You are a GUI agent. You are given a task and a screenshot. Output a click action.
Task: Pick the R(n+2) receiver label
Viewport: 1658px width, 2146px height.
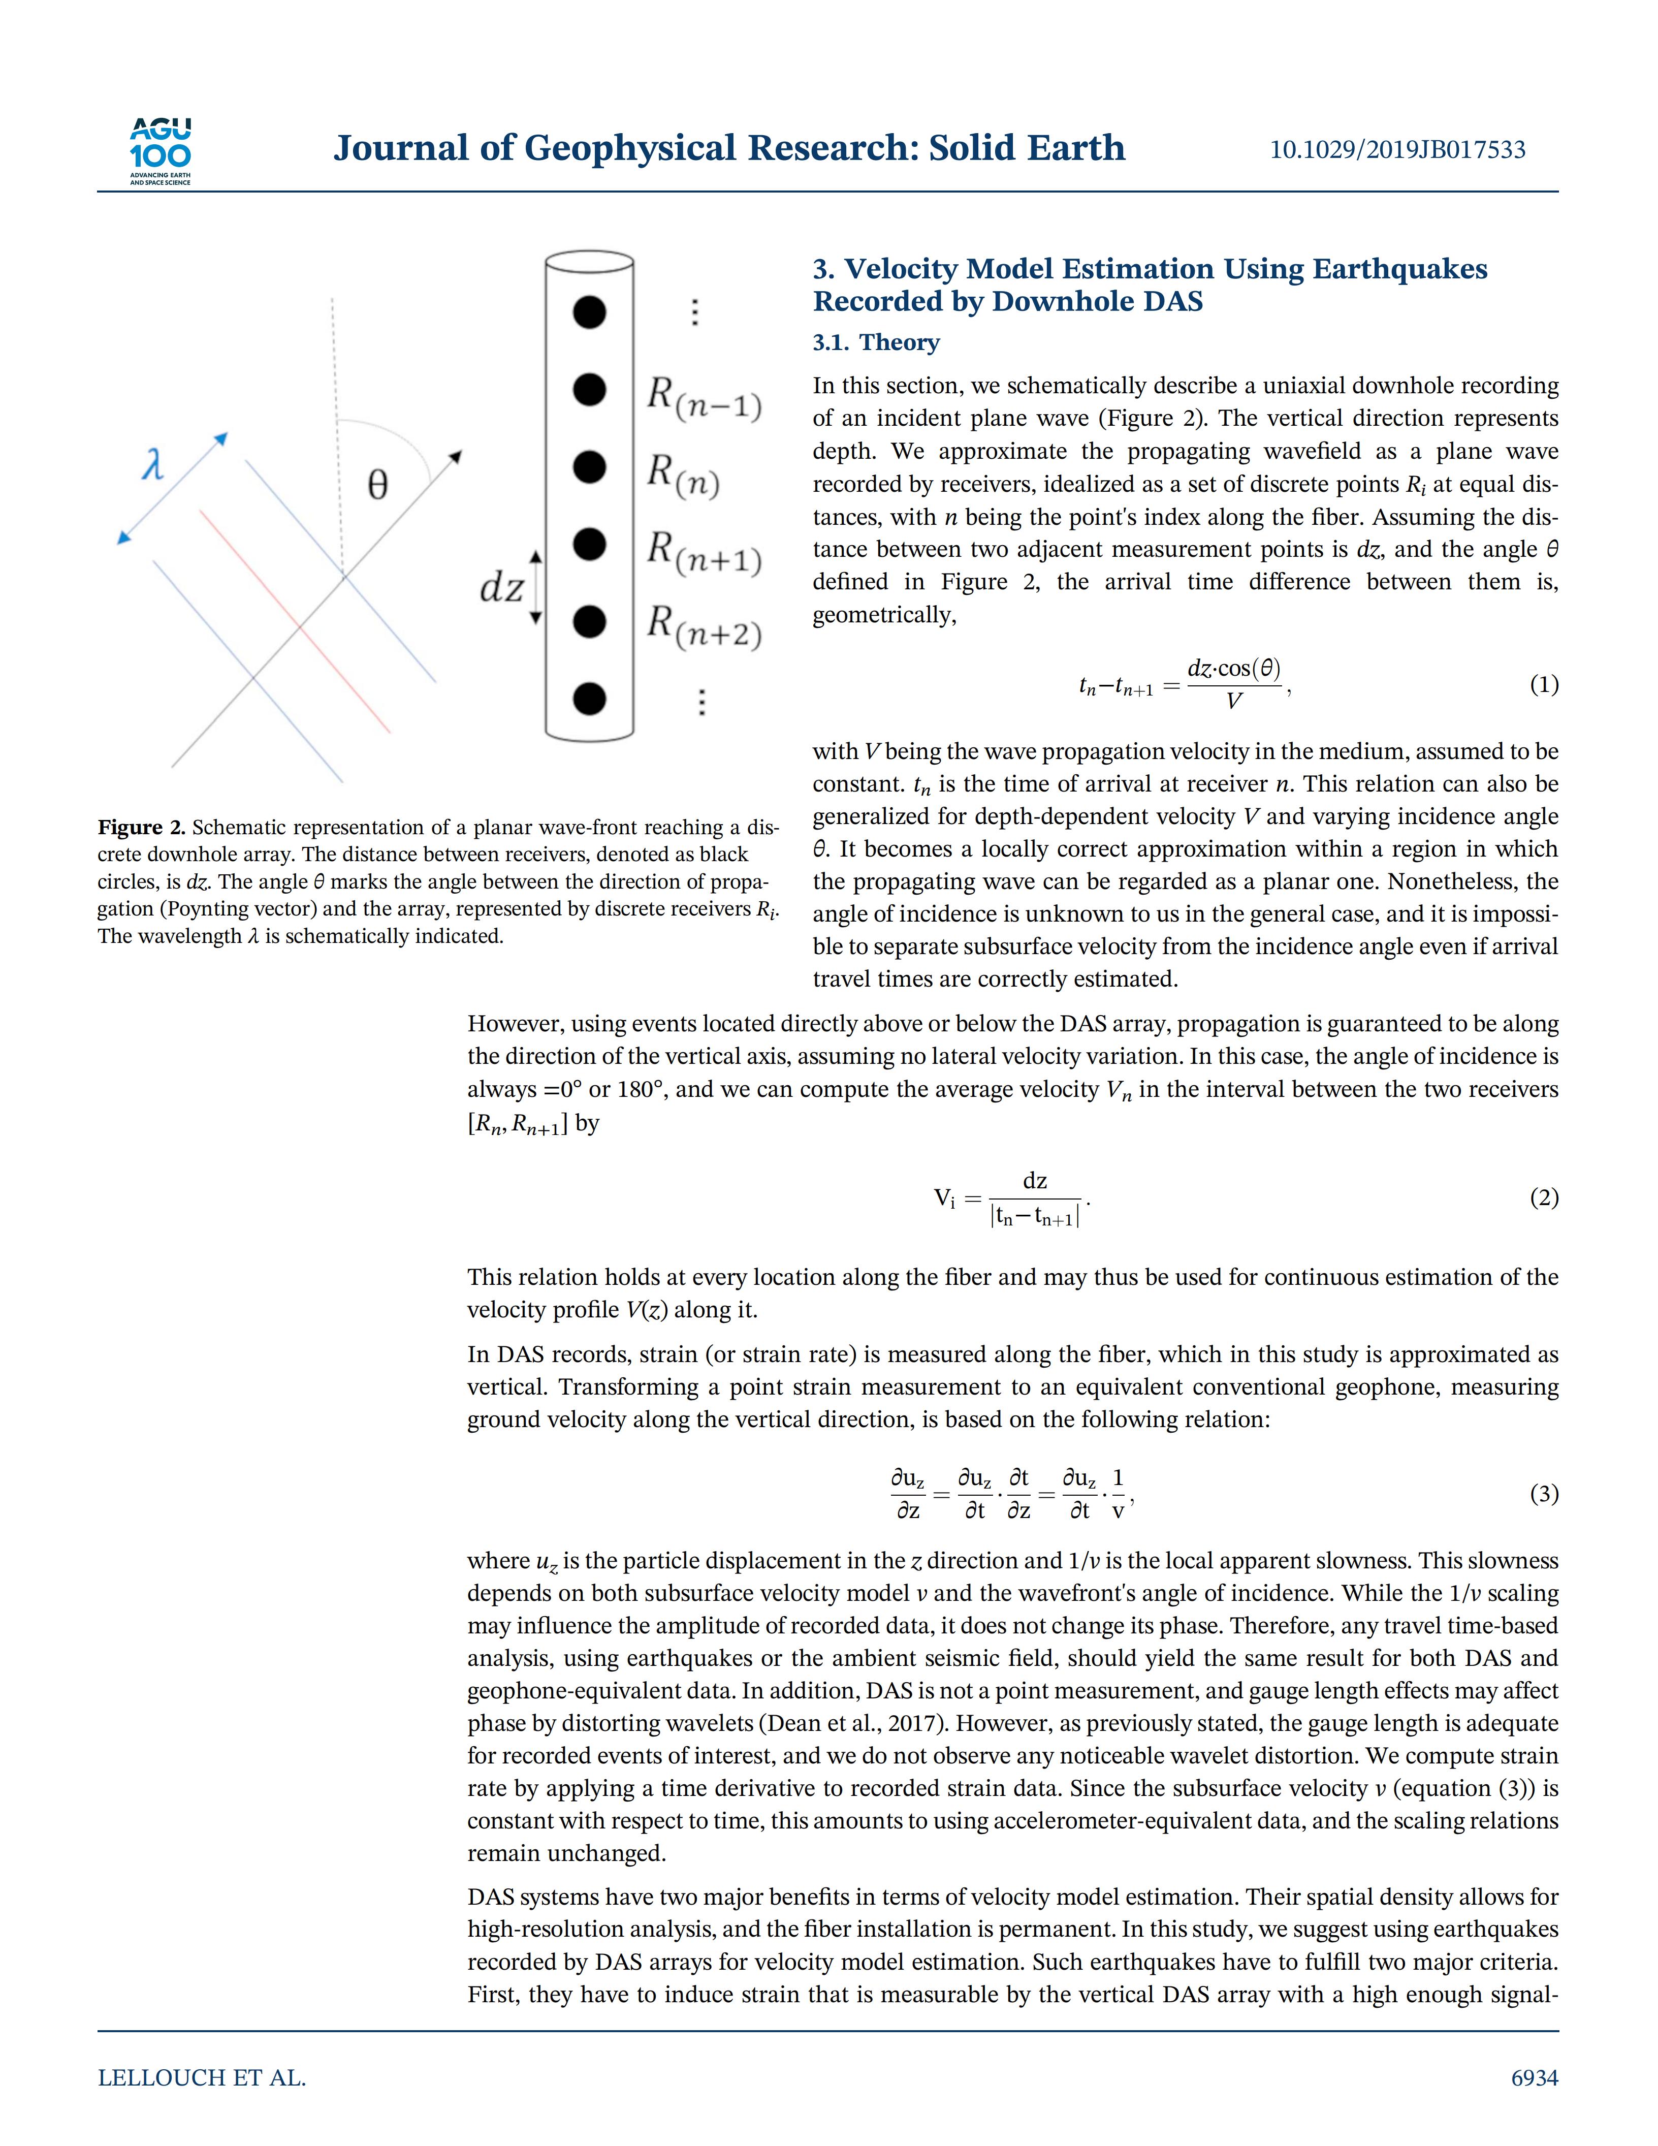tap(703, 627)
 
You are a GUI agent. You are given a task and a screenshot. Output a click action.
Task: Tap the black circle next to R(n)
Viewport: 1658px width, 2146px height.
tap(589, 468)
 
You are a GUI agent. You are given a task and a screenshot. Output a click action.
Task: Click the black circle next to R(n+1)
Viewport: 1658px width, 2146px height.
tap(589, 545)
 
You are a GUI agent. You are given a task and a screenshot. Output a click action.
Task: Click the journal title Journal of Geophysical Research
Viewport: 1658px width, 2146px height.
tap(729, 148)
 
